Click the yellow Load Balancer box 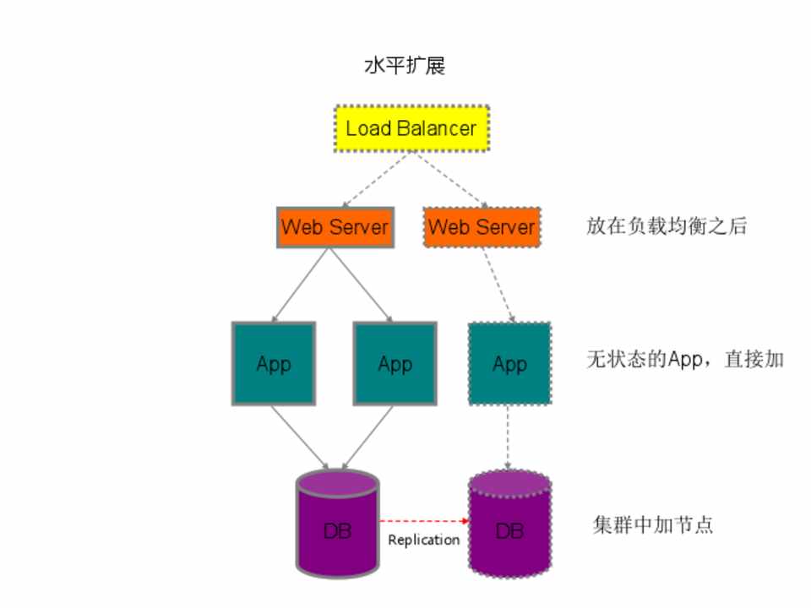click(411, 128)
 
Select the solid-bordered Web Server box click(335, 226)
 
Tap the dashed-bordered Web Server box click(482, 226)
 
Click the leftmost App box click(274, 363)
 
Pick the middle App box click(395, 363)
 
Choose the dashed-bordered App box click(509, 363)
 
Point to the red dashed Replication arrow click(422, 521)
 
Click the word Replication click(423, 540)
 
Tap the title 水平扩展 click(405, 67)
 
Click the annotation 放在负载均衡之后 click(667, 226)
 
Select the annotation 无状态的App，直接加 click(685, 359)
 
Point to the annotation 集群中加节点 click(653, 524)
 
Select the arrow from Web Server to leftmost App click(299, 284)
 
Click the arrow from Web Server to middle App click(362, 284)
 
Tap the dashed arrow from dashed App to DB click(509, 437)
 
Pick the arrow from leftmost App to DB click(301, 437)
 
